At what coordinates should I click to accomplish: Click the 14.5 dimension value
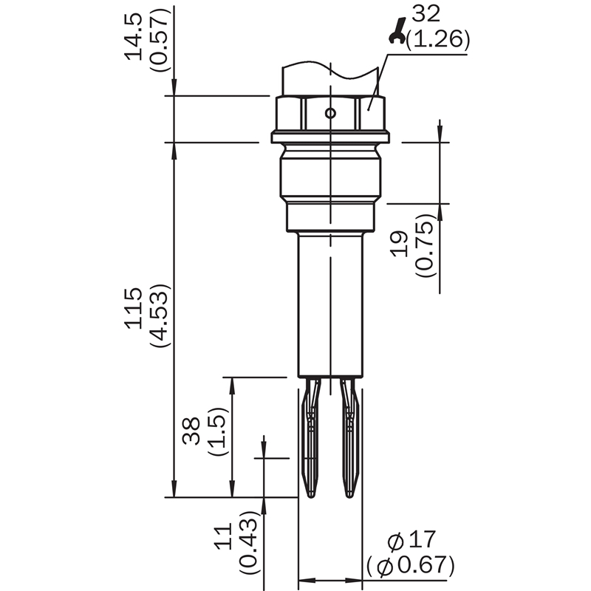click(134, 36)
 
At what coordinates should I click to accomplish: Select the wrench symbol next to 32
click(397, 31)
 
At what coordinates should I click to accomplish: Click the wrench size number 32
click(426, 14)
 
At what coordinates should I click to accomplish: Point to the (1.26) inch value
click(438, 40)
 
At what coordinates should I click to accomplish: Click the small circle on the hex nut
click(330, 113)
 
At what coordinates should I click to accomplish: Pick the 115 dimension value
click(134, 309)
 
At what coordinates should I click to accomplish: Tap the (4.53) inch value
click(160, 316)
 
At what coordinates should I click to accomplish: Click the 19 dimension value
click(400, 244)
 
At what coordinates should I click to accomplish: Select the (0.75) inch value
click(426, 245)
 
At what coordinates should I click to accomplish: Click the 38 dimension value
click(191, 431)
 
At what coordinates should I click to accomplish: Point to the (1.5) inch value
click(218, 431)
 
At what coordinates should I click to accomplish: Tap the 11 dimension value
click(223, 536)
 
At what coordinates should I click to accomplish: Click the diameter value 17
click(422, 539)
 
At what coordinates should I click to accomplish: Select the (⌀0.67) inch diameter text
click(411, 565)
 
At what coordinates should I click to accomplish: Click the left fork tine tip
click(310, 496)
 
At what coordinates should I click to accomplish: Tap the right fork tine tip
click(350, 496)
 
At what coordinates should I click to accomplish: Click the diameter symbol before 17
click(396, 542)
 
